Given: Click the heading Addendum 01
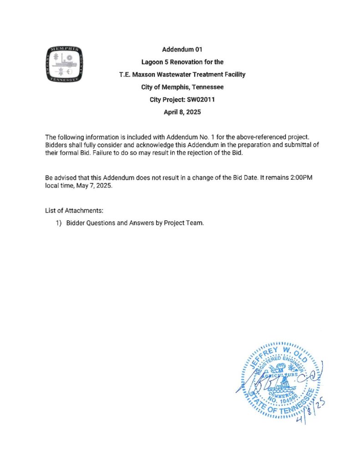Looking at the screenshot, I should (x=182, y=49).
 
